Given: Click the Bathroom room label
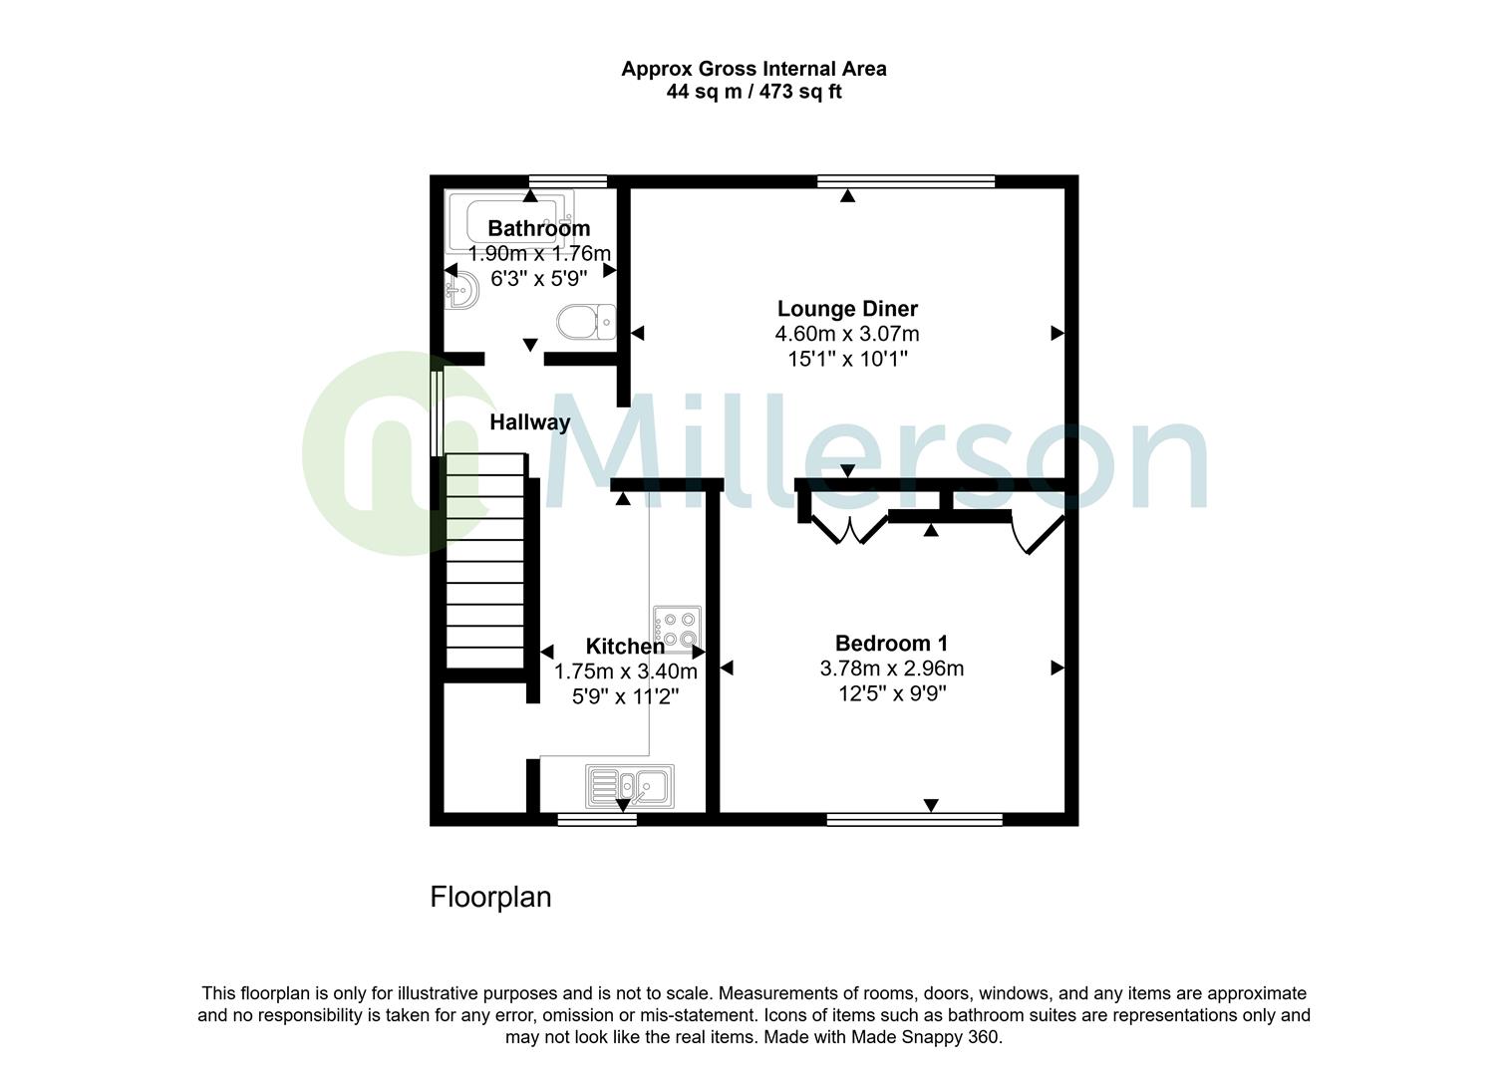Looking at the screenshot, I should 538,228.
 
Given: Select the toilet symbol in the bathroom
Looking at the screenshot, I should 584,322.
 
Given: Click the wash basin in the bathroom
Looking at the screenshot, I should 463,290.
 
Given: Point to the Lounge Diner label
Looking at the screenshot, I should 847,309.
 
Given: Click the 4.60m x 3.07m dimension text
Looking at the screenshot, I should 847,334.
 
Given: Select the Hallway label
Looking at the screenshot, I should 529,422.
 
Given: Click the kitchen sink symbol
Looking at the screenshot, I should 630,786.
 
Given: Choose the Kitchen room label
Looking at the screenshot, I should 625,646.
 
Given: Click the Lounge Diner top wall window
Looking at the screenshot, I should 906,181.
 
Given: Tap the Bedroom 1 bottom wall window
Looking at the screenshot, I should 914,819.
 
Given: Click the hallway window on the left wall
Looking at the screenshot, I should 436,413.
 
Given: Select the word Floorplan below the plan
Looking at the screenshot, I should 490,897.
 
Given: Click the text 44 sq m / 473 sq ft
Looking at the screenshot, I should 754,93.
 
